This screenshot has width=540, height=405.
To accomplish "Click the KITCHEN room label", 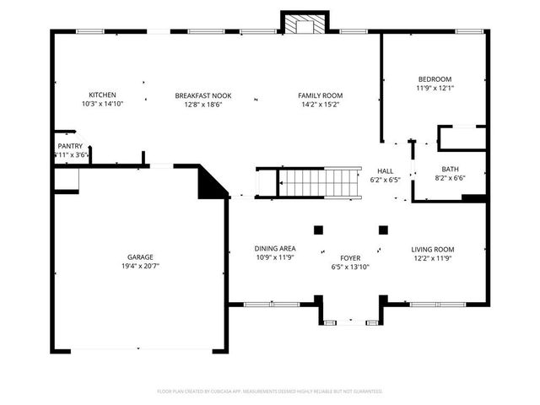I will click(102, 95).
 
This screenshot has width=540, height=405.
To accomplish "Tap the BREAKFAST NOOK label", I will click(203, 95).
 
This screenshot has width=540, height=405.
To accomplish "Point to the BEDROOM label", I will click(435, 78).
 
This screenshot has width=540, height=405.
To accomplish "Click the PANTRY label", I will click(70, 146).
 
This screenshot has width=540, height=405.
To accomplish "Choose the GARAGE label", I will click(140, 256).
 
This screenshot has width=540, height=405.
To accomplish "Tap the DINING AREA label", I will click(274, 249).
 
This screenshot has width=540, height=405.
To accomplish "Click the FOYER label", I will click(350, 258).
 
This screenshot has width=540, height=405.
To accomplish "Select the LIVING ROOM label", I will click(433, 249).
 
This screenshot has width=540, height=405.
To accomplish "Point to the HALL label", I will click(385, 170).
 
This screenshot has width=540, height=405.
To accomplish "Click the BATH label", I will click(451, 169).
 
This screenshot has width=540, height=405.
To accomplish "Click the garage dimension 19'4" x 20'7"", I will click(140, 266).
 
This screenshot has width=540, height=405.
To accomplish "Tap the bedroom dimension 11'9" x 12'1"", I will click(435, 88).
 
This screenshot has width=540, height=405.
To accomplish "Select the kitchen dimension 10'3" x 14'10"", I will click(102, 104).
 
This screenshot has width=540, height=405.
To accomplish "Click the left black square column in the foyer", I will click(319, 229).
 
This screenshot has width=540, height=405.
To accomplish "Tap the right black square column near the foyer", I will click(383, 229).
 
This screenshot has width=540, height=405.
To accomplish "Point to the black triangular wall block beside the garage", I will click(209, 183).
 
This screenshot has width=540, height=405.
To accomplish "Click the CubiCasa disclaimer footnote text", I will click(270, 391).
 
